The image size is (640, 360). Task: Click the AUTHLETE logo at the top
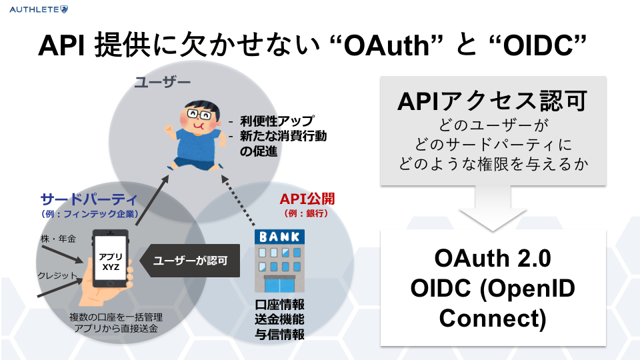click(x=35, y=9)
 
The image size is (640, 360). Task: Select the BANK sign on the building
click(x=280, y=236)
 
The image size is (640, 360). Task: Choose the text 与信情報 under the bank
click(x=280, y=335)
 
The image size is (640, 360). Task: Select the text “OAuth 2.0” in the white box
click(x=493, y=259)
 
